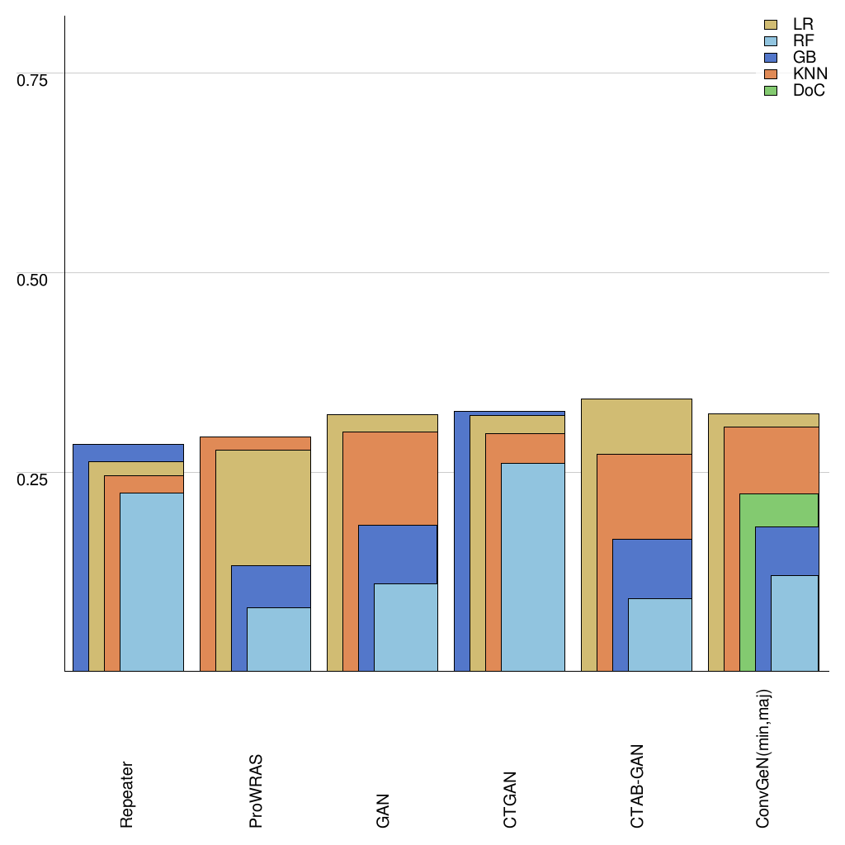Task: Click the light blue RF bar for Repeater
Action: (152, 582)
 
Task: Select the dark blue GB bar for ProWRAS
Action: (271, 587)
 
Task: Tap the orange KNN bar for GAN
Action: (389, 479)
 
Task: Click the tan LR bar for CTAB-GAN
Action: (636, 426)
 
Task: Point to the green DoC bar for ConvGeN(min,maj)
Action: (778, 510)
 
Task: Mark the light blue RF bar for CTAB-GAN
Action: (660, 635)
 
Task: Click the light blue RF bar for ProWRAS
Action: (279, 640)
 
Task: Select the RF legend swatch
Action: (772, 41)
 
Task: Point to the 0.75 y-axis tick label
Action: (33, 80)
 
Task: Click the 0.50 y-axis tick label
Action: (33, 280)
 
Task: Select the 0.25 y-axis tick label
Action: (33, 479)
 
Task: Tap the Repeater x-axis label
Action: (127, 795)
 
